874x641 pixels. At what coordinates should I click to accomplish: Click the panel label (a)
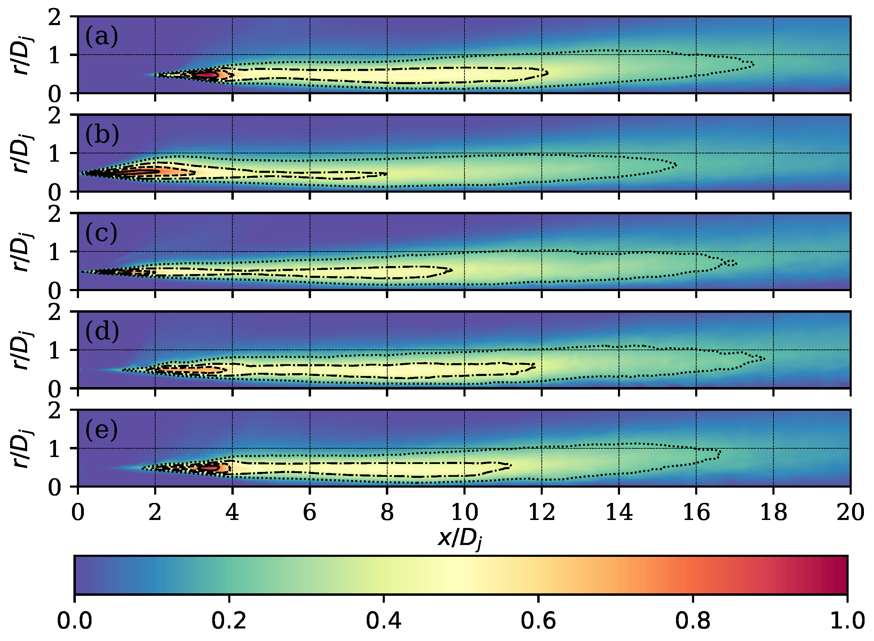pyautogui.click(x=101, y=37)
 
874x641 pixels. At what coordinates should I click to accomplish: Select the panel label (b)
pyautogui.click(x=102, y=135)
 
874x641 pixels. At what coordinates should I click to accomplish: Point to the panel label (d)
pyautogui.click(x=102, y=331)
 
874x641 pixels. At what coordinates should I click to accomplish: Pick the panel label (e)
pyautogui.click(x=101, y=430)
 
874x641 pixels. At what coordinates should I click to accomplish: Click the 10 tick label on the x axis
pyautogui.click(x=464, y=513)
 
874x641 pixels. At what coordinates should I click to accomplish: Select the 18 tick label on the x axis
pyautogui.click(x=773, y=513)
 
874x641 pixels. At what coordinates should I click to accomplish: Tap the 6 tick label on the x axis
pyautogui.click(x=309, y=513)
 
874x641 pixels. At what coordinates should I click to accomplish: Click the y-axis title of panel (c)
pyautogui.click(x=22, y=252)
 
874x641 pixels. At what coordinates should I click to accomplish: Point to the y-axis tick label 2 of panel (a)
pyautogui.click(x=54, y=18)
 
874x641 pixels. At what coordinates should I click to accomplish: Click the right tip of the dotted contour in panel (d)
pyautogui.click(x=764, y=359)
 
